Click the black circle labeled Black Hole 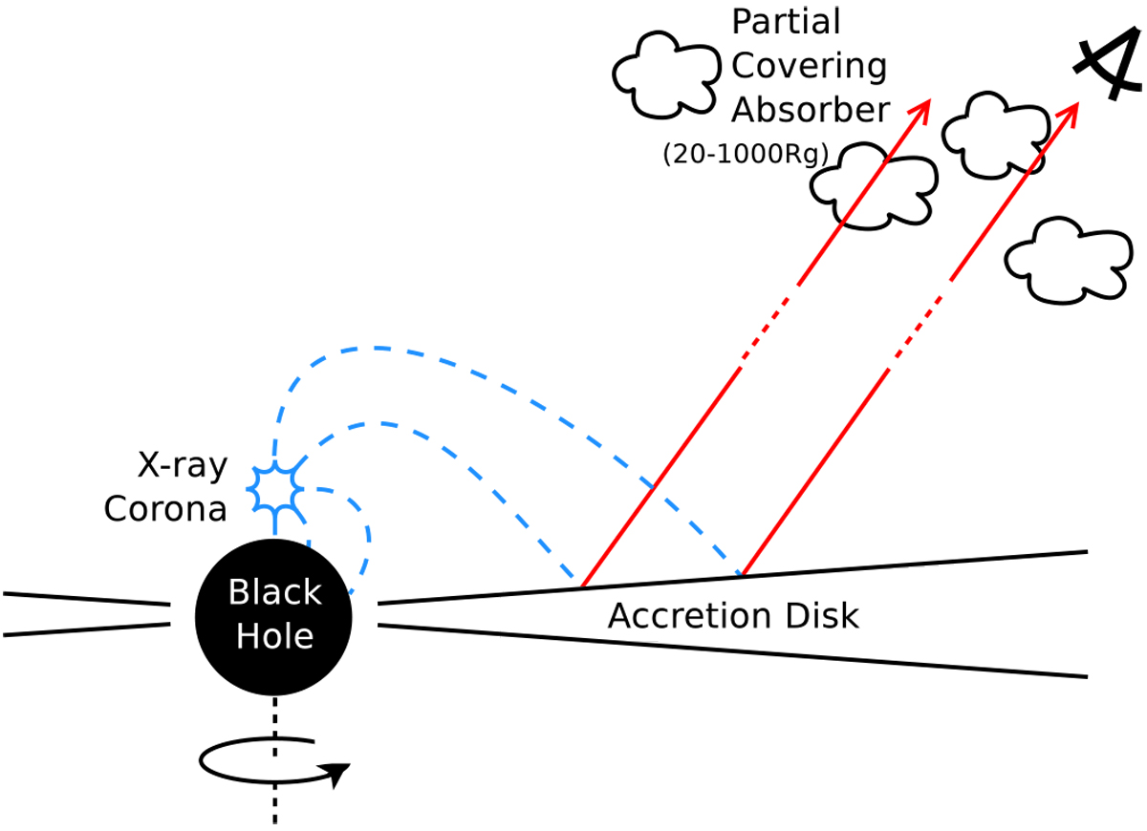point(274,614)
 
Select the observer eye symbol point(1106,68)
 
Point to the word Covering point(810,66)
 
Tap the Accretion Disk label point(733,616)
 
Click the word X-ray point(181,467)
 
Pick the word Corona point(165,509)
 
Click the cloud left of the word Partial point(665,75)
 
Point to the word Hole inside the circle point(275,634)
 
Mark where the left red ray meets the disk point(581,584)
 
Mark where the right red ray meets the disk point(742,576)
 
